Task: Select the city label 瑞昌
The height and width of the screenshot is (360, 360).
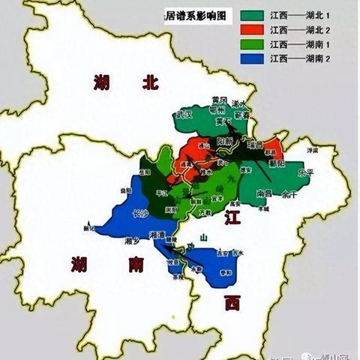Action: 255,144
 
